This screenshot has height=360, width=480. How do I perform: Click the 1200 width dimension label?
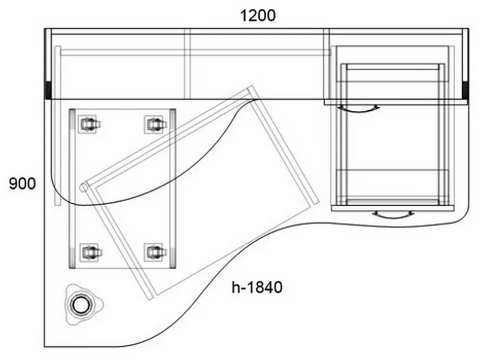(x=258, y=16)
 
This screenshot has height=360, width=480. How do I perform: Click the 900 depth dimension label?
(x=22, y=184)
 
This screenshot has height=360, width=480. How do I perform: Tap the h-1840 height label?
(x=257, y=287)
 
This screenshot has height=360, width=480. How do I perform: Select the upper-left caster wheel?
(x=89, y=124)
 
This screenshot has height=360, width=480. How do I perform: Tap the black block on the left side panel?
(x=48, y=90)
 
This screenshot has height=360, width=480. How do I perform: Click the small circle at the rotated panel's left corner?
(x=83, y=187)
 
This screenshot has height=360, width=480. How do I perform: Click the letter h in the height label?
(x=236, y=287)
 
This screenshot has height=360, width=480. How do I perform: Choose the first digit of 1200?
(x=244, y=16)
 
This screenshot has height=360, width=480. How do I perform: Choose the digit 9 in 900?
(x=13, y=184)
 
